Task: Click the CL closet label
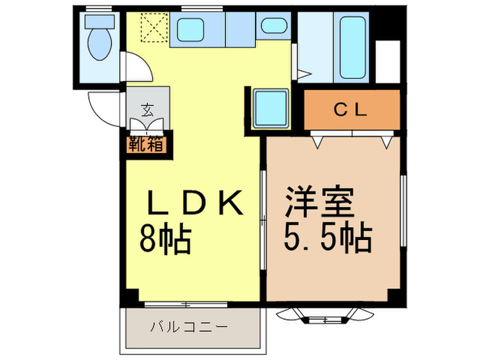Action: point(351,109)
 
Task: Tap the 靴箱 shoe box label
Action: point(143,145)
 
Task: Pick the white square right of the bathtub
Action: point(388,61)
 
